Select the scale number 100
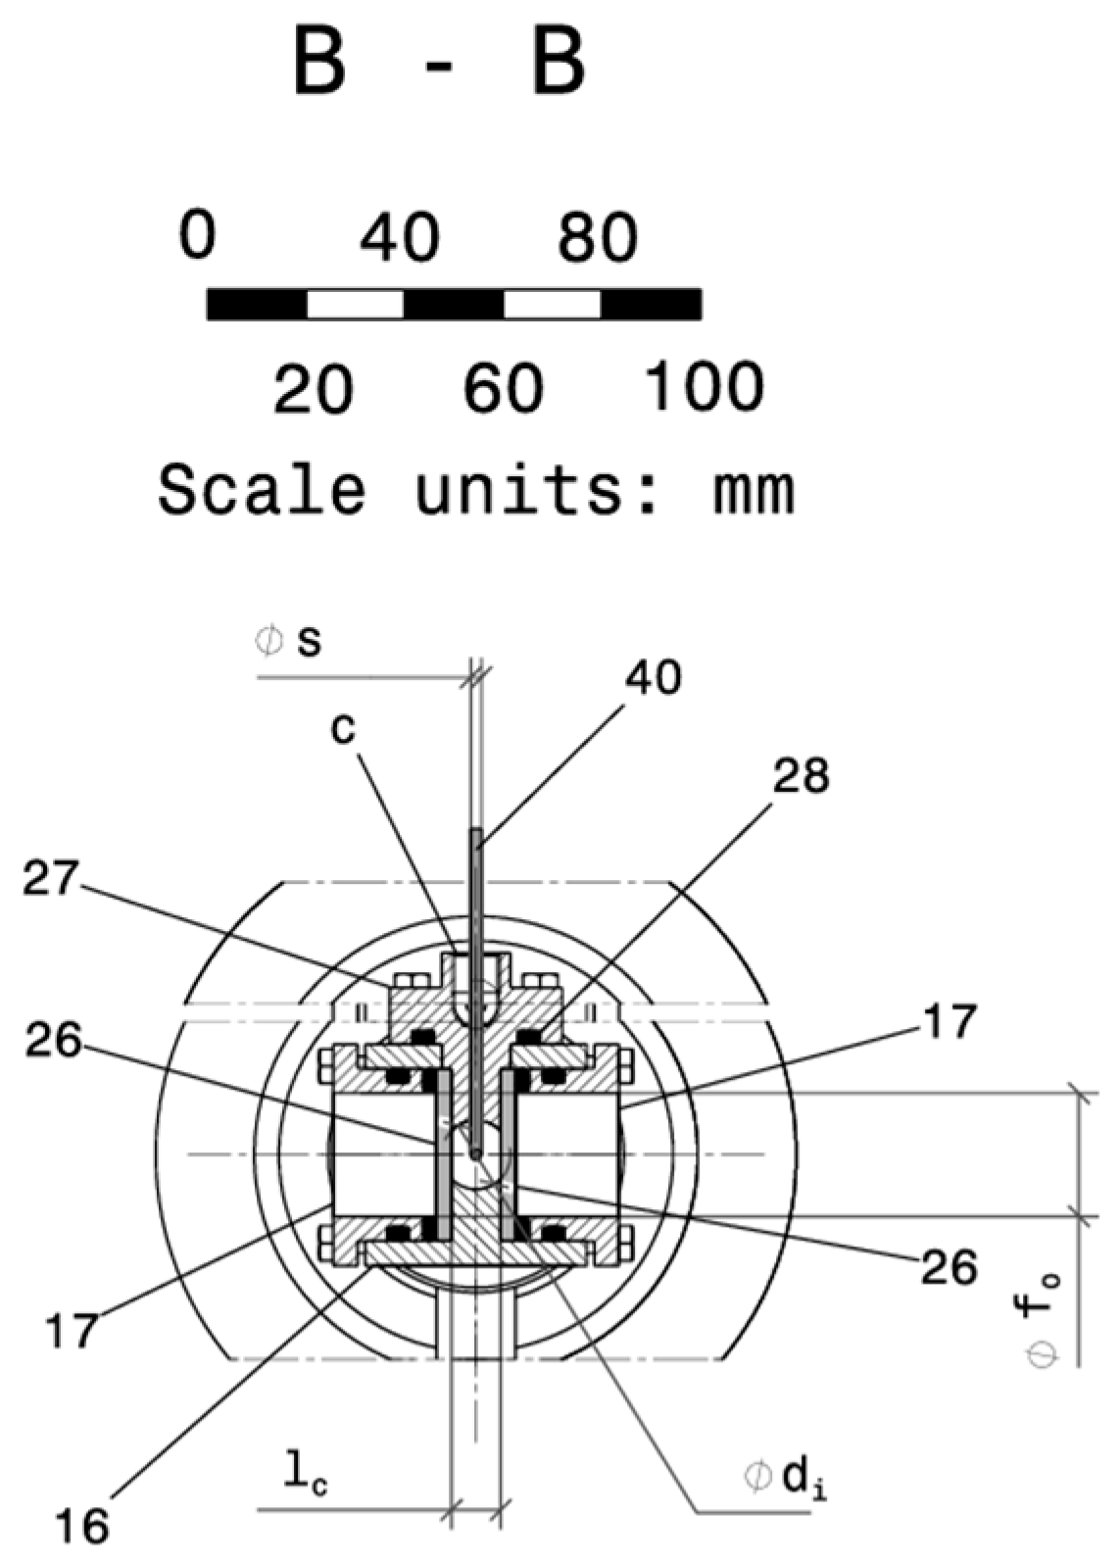coord(704,386)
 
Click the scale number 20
coord(313,388)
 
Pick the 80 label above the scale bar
coord(597,238)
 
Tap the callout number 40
coord(655,677)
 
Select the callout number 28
coord(801,776)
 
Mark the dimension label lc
coord(305,1478)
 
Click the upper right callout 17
coord(949,1020)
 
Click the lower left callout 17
coord(73,1331)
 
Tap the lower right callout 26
coord(949,1267)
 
